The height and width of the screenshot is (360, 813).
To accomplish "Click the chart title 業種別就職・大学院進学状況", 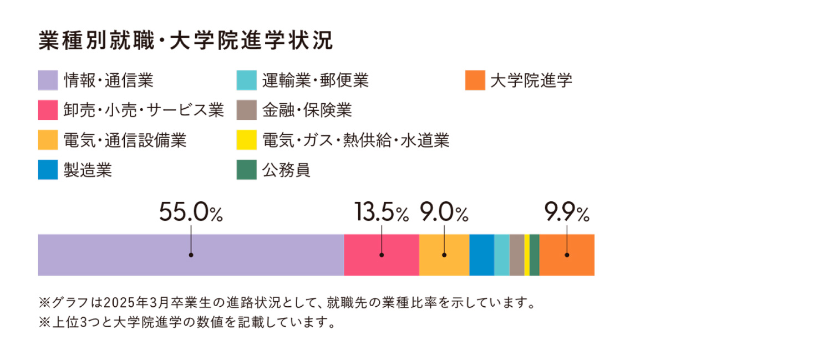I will click(x=186, y=42).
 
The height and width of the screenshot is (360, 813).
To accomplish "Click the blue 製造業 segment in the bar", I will click(x=481, y=255).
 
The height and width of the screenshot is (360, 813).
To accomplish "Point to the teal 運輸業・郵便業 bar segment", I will click(x=501, y=255).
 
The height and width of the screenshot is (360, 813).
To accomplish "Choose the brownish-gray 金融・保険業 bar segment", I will click(x=516, y=255).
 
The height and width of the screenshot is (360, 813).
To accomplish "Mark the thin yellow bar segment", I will click(x=527, y=255).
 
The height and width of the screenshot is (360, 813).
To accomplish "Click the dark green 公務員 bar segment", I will click(x=534, y=255).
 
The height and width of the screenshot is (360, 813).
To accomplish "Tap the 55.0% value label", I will click(x=191, y=212).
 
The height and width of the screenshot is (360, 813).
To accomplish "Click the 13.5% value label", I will click(x=381, y=212).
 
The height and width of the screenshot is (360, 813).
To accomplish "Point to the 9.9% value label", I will click(x=566, y=212).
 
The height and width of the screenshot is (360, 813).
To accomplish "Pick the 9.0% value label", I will click(x=444, y=212).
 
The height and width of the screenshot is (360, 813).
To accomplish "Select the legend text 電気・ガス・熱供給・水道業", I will click(x=355, y=140).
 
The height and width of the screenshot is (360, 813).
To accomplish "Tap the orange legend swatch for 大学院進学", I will click(x=475, y=80).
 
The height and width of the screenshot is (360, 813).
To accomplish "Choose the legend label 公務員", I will click(x=286, y=170).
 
